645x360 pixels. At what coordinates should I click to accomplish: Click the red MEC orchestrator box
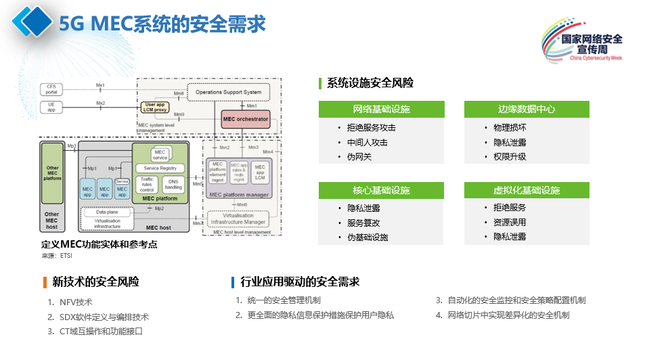(x=246, y=119)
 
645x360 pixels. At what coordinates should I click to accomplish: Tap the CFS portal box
(x=51, y=89)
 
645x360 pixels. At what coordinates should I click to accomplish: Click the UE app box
(x=51, y=107)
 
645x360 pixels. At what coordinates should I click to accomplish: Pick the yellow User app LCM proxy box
(x=155, y=106)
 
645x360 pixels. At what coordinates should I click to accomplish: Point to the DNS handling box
(x=173, y=183)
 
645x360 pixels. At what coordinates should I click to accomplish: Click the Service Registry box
(x=160, y=168)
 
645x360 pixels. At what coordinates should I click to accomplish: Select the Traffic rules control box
(x=147, y=183)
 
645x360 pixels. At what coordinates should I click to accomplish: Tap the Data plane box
(x=97, y=212)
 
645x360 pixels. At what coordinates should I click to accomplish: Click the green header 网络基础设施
(x=381, y=109)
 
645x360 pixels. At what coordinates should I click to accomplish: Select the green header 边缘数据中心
(x=526, y=109)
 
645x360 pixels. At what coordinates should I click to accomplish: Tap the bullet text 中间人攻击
(x=367, y=142)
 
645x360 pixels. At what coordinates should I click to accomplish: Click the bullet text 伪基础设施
(x=368, y=237)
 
